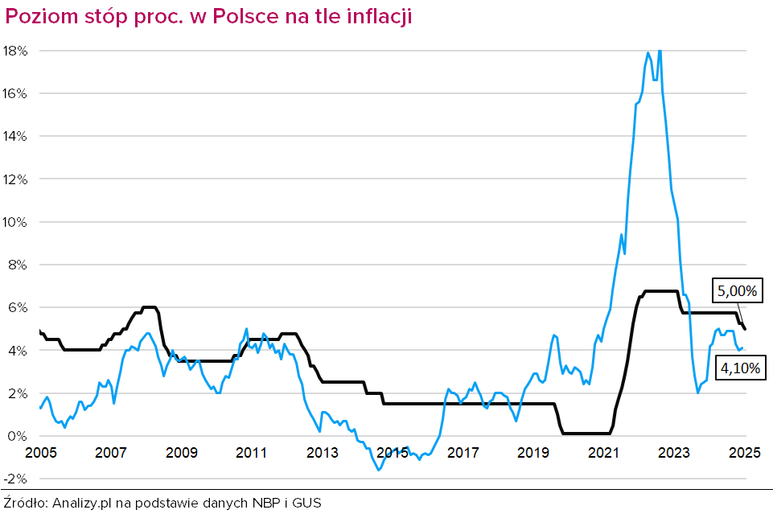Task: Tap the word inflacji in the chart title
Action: (x=377, y=18)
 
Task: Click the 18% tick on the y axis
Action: (x=16, y=51)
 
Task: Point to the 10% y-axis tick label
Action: (x=16, y=222)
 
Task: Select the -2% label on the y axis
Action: (x=16, y=479)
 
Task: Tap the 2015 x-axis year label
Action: (x=393, y=452)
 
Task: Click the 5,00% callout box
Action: (x=736, y=291)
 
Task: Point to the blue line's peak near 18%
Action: (x=660, y=51)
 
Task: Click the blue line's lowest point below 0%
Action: (x=378, y=470)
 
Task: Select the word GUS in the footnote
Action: (x=306, y=503)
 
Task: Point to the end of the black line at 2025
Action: (x=745, y=328)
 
